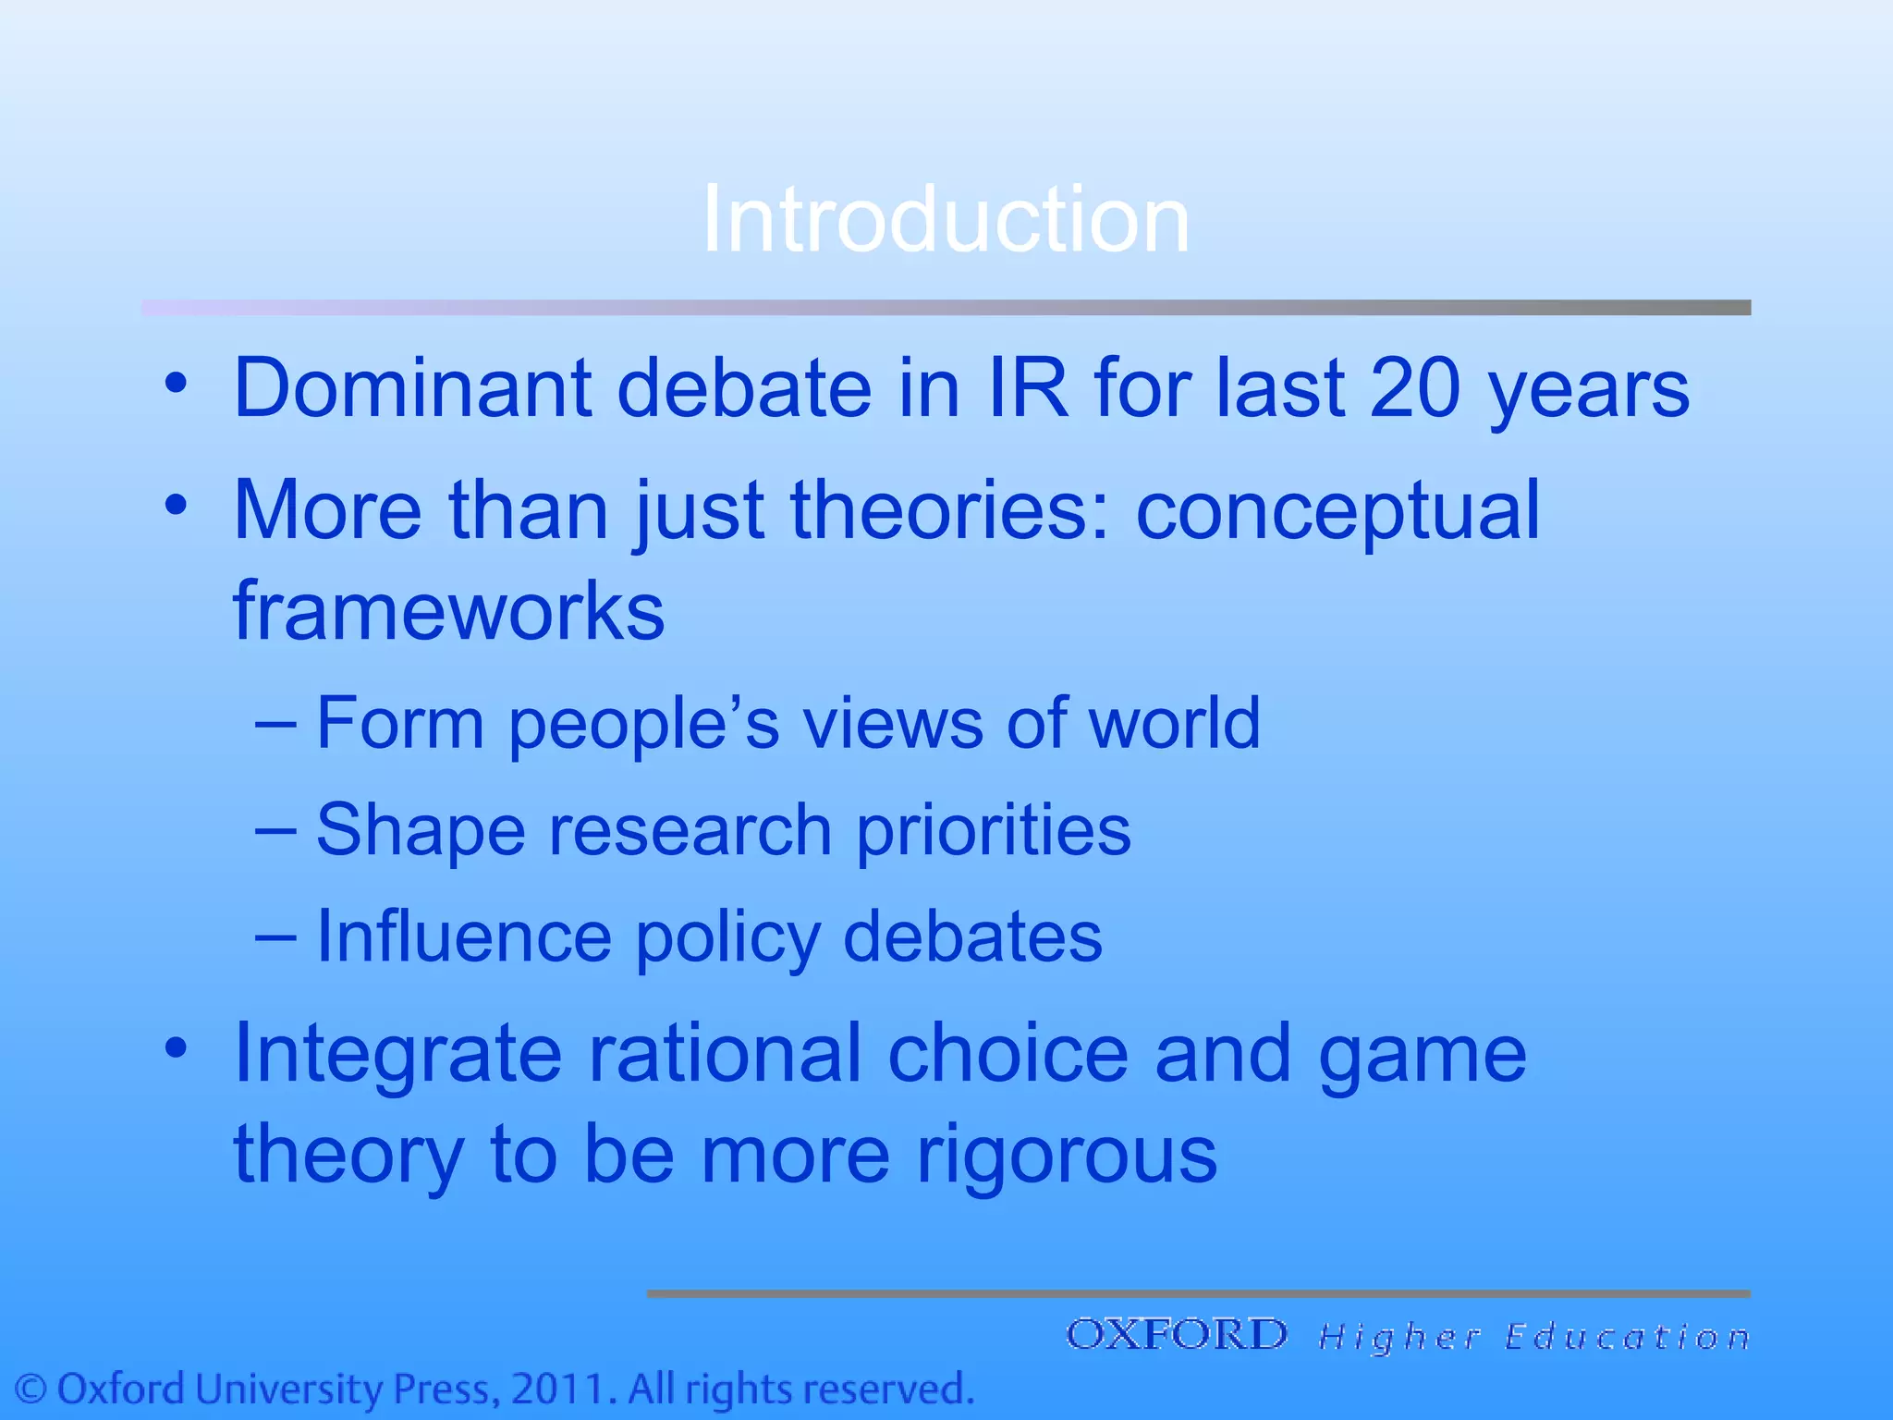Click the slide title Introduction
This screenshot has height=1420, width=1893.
tap(946, 219)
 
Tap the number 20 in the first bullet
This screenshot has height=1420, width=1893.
tap(1413, 388)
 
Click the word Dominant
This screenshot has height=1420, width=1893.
tap(412, 388)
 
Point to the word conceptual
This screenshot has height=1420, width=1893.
tap(1337, 511)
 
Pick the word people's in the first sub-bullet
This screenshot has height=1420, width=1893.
tap(644, 724)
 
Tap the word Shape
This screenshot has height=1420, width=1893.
tap(421, 830)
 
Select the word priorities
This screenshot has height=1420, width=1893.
tap(994, 830)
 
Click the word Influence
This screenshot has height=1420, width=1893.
tap(464, 936)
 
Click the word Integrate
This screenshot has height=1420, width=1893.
tap(397, 1054)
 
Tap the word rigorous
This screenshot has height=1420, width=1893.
tap(1067, 1156)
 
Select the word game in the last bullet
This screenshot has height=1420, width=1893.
tap(1423, 1056)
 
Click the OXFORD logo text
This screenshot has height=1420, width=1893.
tap(1177, 1335)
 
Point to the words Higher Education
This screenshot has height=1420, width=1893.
tap(1534, 1337)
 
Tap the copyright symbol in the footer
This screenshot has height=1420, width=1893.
tap(31, 1389)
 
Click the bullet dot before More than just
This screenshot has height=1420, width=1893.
tap(177, 505)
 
